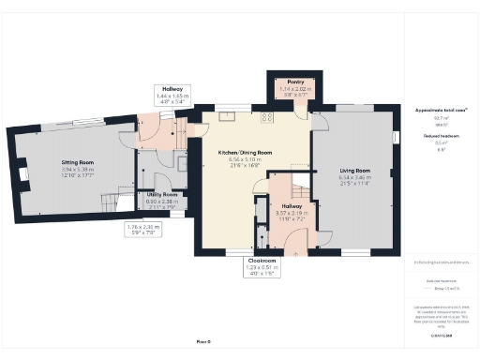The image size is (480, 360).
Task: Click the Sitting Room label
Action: pyautogui.click(x=65, y=161)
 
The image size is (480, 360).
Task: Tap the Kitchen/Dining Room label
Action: pyautogui.click(x=245, y=152)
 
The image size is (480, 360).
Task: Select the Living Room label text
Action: pyautogui.click(x=354, y=171)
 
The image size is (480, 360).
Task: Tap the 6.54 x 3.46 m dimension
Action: pyautogui.click(x=354, y=177)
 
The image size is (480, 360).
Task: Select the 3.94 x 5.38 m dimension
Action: pyautogui.click(x=65, y=168)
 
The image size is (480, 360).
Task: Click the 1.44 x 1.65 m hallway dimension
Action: pyautogui.click(x=172, y=97)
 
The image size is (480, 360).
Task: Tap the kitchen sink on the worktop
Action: pyautogui.click(x=227, y=117)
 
